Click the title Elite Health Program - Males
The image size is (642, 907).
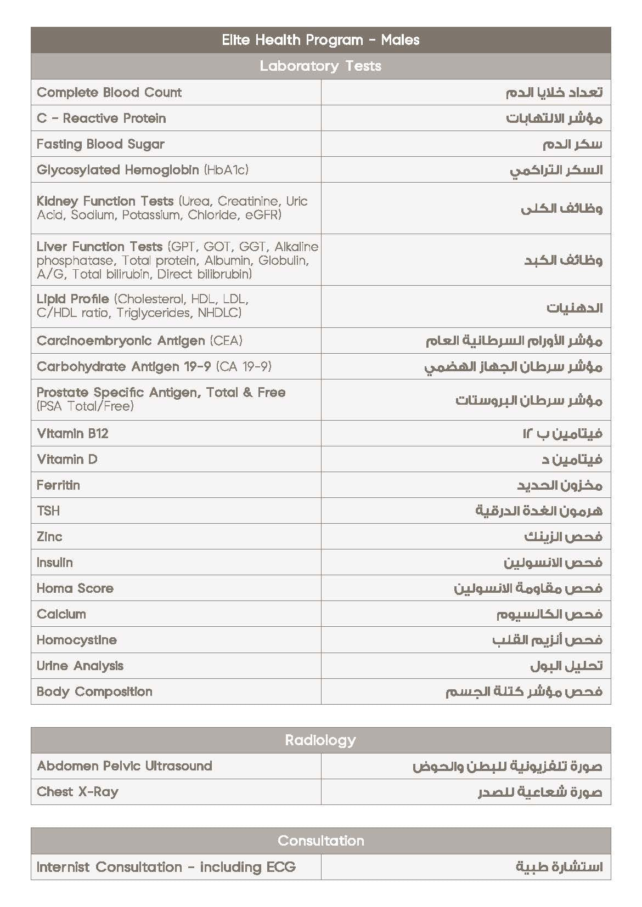320,40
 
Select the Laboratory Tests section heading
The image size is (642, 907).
320,66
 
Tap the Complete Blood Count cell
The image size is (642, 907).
109,92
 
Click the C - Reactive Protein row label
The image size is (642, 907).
101,118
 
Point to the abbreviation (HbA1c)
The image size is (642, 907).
226,170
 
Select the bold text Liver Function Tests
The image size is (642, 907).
99,246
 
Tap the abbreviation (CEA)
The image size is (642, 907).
226,341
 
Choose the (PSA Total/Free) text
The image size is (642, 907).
85,406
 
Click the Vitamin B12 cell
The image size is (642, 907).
72,433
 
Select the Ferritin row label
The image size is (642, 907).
58,485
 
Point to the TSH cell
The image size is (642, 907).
48,511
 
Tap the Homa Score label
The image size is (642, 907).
75,588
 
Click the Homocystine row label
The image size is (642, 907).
77,640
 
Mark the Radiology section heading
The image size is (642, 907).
320,740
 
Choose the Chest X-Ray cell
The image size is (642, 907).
77,792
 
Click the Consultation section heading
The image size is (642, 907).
320,841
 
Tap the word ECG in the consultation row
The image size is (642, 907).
281,867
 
